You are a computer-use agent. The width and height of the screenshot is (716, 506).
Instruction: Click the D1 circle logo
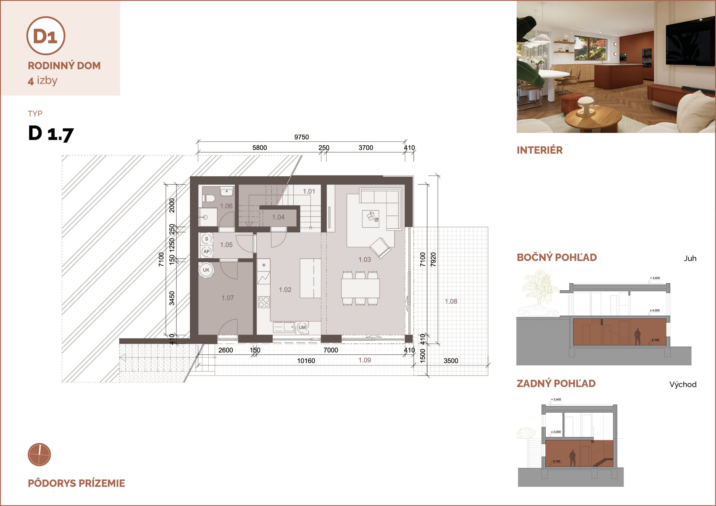46,36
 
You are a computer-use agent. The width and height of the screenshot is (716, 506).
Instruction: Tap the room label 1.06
226,206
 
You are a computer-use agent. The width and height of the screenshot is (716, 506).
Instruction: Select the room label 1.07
228,298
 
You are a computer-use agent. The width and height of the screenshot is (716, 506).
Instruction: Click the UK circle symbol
206,270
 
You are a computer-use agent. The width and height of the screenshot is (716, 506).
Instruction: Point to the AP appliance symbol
206,252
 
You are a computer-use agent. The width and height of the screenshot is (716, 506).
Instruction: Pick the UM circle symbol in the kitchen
302,327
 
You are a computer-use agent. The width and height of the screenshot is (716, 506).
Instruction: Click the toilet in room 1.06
209,198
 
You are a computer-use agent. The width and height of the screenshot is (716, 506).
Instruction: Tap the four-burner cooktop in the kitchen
263,302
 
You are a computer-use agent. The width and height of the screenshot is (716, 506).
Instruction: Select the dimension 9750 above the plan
302,137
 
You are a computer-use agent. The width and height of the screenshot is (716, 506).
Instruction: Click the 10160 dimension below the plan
306,361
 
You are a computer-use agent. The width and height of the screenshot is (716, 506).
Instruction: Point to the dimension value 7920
433,259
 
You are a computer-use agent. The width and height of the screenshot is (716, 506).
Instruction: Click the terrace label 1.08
451,301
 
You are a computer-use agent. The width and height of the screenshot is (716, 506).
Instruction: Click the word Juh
690,259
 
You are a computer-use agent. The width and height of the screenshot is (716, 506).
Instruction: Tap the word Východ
683,384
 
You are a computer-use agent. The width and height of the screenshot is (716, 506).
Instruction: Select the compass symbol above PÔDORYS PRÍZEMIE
39,455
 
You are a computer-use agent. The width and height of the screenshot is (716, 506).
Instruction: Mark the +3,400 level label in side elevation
654,278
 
